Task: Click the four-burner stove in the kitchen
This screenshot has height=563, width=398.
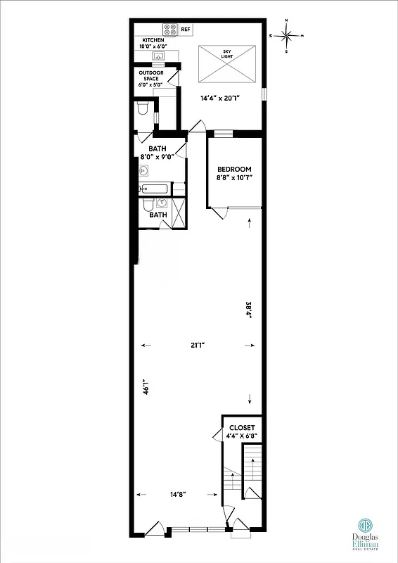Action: point(169,30)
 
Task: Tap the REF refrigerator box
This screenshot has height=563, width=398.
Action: point(186,30)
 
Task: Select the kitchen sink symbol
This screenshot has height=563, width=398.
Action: point(159,56)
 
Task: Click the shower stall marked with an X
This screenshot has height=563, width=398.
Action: point(180,212)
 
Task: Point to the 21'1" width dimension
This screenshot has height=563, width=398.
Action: point(198,346)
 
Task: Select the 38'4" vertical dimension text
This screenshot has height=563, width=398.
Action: point(248,310)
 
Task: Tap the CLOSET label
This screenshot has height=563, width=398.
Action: point(243,428)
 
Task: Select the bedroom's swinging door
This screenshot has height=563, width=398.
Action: point(219,212)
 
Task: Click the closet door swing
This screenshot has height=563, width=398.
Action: point(216,433)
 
